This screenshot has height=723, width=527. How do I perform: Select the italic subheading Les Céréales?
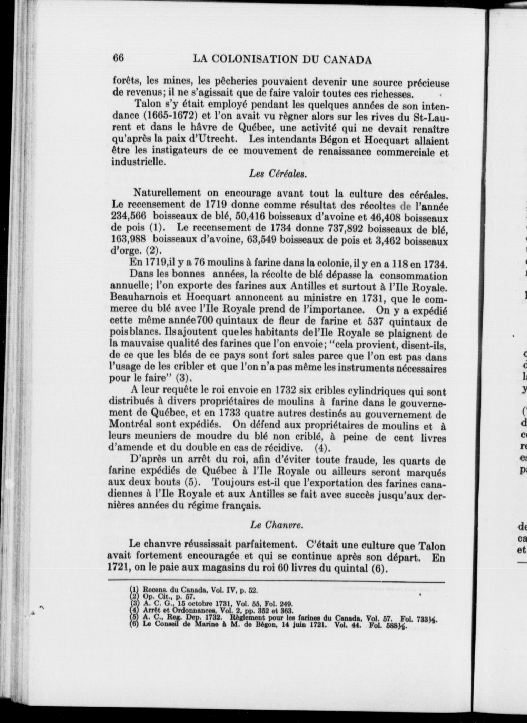point(278,174)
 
